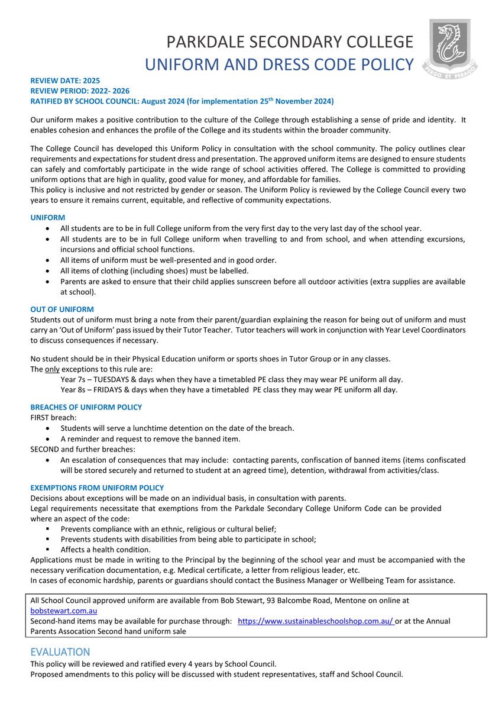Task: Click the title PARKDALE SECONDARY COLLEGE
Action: point(289,43)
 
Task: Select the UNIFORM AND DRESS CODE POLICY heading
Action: point(279,64)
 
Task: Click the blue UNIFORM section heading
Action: point(47,218)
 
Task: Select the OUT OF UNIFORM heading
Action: point(61,309)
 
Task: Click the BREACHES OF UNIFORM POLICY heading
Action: point(86,407)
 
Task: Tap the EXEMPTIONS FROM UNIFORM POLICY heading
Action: point(97,488)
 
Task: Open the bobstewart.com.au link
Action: point(64,610)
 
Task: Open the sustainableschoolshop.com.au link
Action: point(316,621)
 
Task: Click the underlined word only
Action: point(53,369)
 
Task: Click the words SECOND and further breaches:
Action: point(83,449)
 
